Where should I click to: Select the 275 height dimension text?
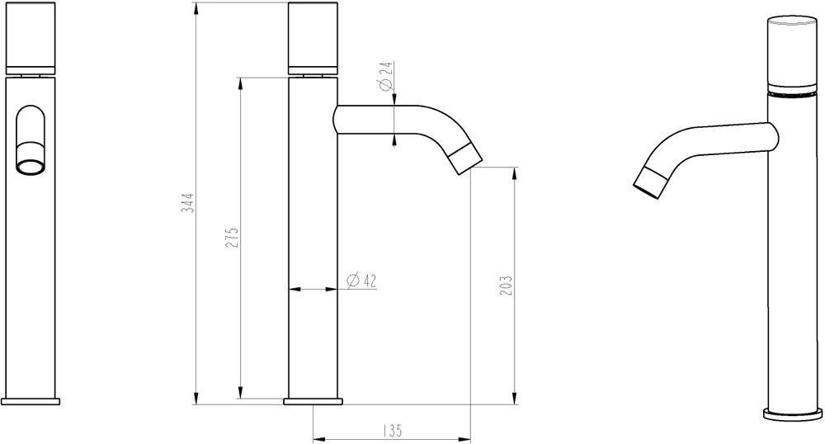point(233,238)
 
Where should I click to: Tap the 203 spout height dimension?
point(506,286)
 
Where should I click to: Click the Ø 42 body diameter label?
point(362,281)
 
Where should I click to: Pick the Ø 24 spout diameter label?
point(385,76)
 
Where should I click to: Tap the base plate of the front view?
point(31,401)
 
